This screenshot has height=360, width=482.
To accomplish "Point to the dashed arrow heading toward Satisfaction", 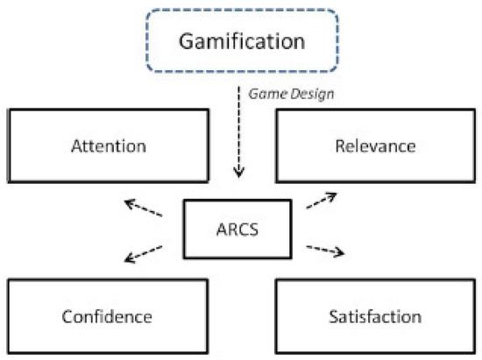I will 325,251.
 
